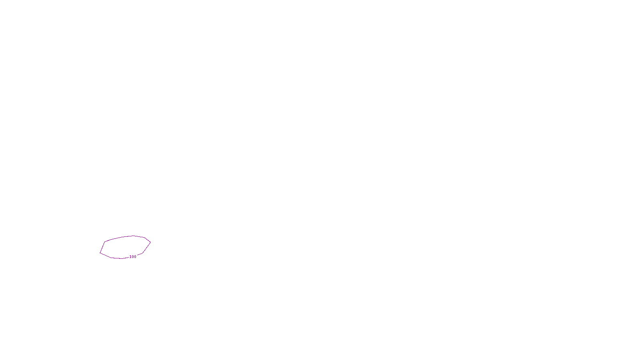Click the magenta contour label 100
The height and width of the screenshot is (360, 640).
[x=133, y=257]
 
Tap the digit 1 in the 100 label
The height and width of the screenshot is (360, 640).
[x=130, y=257]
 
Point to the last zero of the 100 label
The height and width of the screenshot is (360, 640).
[x=135, y=257]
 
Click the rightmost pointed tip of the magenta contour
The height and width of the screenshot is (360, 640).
[x=150, y=242]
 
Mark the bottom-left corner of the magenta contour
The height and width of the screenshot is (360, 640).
[x=100, y=253]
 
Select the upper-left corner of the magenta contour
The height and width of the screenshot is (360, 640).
[x=105, y=242]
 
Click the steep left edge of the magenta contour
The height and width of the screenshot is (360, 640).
[x=102, y=247]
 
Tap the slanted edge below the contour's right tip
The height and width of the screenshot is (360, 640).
[x=146, y=248]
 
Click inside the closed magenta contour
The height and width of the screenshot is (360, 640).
[x=125, y=247]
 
